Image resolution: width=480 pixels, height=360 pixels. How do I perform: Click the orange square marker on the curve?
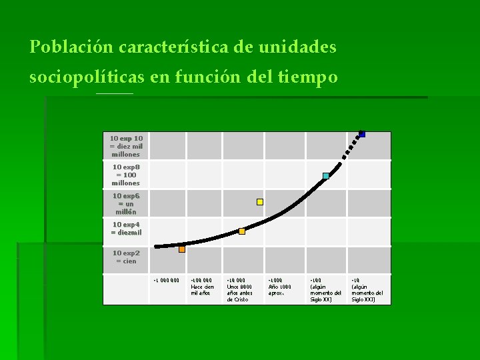181,249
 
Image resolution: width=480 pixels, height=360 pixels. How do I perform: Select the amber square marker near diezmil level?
242,231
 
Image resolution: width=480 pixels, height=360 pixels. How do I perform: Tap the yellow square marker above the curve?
260,201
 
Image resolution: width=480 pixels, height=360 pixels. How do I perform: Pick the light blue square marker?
326,176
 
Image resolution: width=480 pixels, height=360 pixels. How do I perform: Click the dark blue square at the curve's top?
362,134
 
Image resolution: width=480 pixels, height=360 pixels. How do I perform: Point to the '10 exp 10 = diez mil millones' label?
126,146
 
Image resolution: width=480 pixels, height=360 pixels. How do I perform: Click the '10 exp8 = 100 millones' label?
126,175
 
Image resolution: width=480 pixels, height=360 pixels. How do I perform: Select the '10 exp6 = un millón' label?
126,203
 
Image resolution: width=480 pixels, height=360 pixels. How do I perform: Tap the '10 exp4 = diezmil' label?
126,229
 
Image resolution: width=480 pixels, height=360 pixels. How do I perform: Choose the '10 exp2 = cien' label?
126,257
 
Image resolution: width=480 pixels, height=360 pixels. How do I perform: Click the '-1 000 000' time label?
166,280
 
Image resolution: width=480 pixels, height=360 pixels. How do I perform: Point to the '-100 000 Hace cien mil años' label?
203,287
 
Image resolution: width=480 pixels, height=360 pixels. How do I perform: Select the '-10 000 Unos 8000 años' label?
240,290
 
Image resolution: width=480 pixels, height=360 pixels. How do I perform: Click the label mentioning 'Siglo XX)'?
326,290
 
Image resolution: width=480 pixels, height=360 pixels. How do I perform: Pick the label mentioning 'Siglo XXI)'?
367,290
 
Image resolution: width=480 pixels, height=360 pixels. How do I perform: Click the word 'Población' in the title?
72,48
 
